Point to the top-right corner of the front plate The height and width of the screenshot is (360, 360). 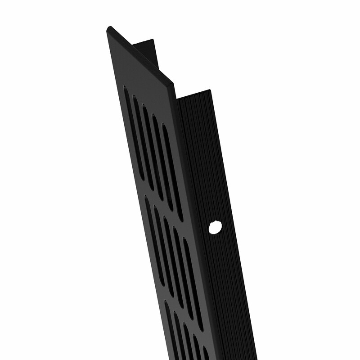[172, 83]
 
